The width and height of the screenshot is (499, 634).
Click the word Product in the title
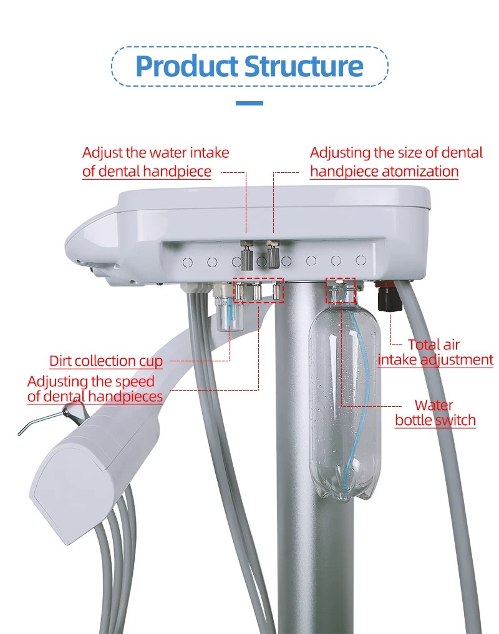tap(186, 66)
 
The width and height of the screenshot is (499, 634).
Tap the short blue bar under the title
tap(249, 103)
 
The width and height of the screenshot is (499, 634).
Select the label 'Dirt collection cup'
tap(106, 361)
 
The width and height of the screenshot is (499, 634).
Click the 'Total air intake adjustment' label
tap(435, 352)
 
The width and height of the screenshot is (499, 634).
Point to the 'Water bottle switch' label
tap(435, 413)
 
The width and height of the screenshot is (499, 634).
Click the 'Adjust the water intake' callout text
tap(156, 153)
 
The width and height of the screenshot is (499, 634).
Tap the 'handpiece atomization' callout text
tap(384, 172)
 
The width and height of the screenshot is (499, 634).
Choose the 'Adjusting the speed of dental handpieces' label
tap(95, 388)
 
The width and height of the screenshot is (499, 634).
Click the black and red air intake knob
tap(389, 298)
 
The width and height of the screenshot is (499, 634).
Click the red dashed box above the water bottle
tap(341, 290)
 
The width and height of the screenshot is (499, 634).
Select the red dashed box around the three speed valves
tap(258, 290)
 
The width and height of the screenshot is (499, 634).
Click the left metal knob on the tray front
tap(246, 252)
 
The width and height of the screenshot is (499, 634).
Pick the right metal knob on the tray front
tap(273, 252)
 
